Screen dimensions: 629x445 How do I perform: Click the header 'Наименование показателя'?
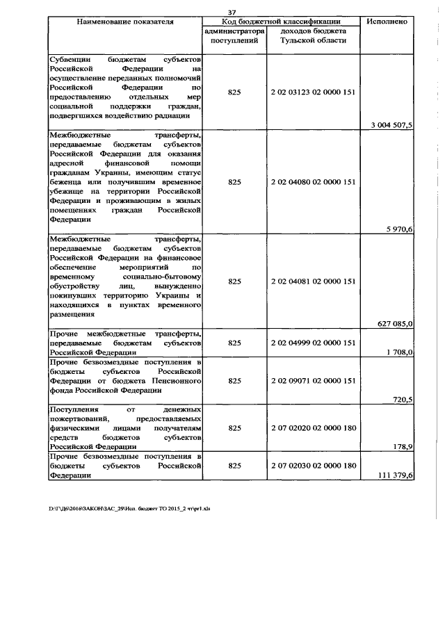(125, 22)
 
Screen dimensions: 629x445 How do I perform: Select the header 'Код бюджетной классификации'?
(282, 22)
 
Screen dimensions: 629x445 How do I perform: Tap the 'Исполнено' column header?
(389, 22)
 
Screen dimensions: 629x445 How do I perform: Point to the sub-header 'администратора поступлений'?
(234, 37)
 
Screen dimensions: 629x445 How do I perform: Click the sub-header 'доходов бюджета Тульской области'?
(313, 37)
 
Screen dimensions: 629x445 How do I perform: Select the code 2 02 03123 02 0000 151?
(313, 91)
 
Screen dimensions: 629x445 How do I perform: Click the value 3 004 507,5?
(393, 125)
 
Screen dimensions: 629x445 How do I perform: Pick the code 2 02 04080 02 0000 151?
(313, 182)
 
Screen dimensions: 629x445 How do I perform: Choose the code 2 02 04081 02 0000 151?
(313, 281)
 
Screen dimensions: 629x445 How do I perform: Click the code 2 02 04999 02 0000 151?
(313, 343)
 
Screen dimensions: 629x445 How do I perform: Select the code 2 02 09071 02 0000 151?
(313, 381)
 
